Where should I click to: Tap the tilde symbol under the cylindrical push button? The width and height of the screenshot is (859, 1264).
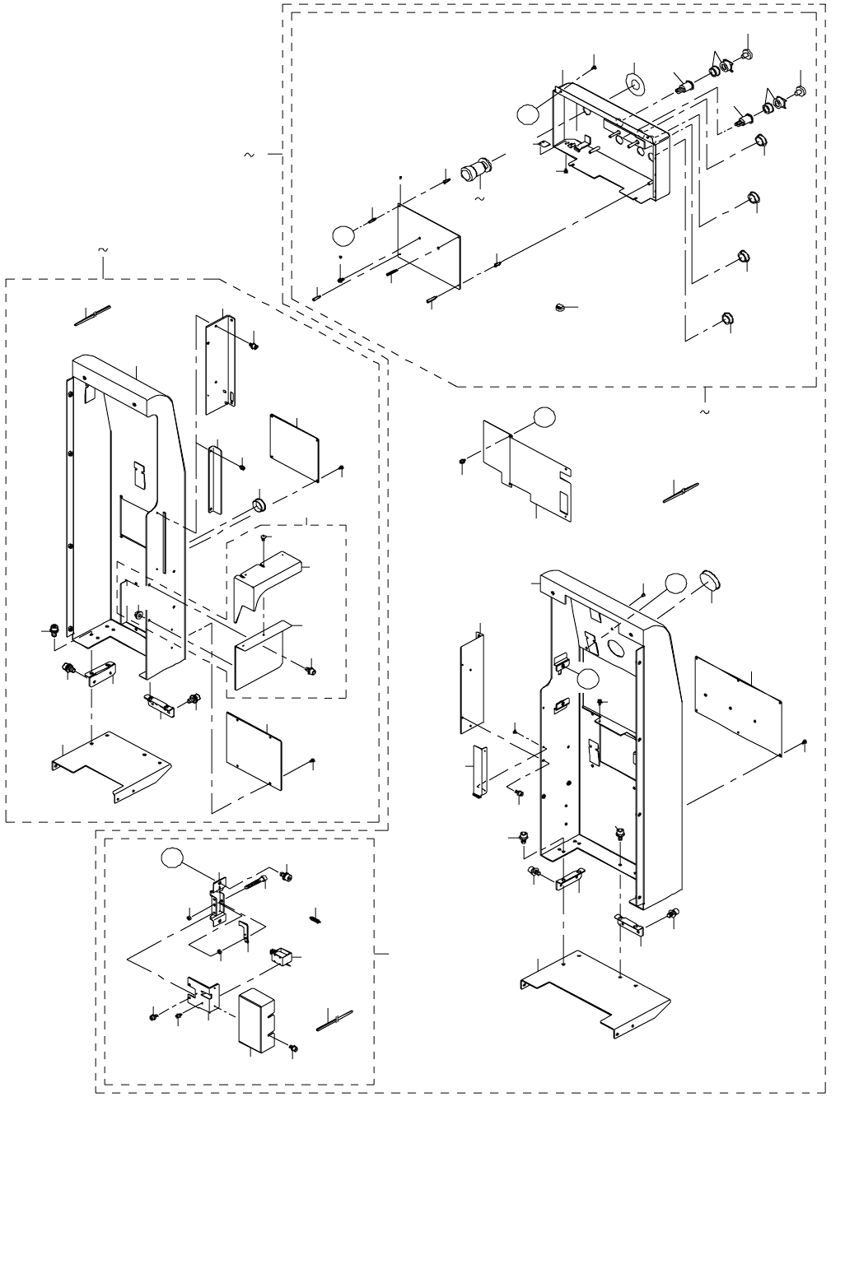click(x=480, y=198)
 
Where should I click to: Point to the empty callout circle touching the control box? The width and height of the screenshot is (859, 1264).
click(x=529, y=114)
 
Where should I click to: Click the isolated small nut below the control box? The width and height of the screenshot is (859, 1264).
click(x=558, y=307)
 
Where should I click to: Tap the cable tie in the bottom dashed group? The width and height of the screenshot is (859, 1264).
click(x=334, y=1020)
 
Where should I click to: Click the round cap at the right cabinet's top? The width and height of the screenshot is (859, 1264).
click(x=710, y=581)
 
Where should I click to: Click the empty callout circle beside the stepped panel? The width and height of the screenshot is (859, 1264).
click(x=543, y=416)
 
